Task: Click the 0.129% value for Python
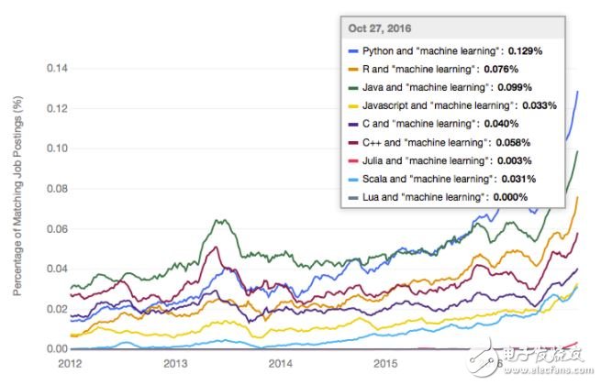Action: click(x=525, y=51)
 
